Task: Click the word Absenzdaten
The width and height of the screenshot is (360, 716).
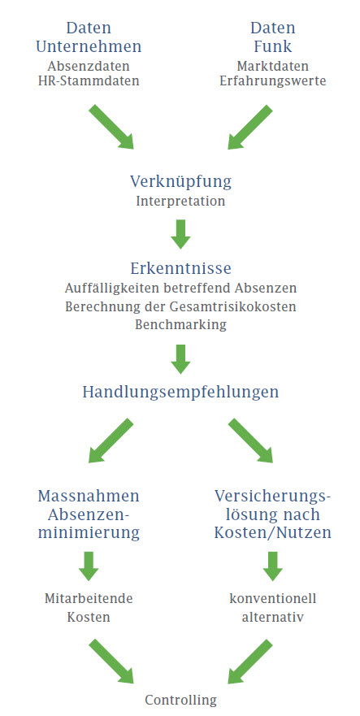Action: coord(89,66)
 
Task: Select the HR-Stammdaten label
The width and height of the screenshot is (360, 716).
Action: coord(89,81)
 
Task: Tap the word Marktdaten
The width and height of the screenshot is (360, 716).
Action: coord(273,66)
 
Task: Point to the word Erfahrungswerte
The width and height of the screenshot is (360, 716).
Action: coord(273,81)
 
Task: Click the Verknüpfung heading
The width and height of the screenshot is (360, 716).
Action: coord(181,182)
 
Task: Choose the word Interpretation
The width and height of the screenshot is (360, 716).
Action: coord(181,202)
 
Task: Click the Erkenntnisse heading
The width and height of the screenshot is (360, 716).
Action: coord(181,268)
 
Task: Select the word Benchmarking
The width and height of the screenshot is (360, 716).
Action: coord(181,324)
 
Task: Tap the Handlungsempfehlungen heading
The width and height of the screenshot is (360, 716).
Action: coord(181,393)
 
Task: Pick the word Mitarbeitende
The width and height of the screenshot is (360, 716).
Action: coord(89,598)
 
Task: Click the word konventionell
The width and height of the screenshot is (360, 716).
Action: coord(273,598)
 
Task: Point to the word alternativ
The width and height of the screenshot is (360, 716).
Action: coord(273,617)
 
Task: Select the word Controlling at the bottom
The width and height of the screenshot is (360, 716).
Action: coord(181,700)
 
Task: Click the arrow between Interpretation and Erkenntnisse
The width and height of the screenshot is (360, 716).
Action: coord(181,234)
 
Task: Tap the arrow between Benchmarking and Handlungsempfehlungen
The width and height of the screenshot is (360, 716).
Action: coord(181,359)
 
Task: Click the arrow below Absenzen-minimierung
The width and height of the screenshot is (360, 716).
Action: coord(89,566)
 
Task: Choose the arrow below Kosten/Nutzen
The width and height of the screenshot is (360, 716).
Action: coord(273,566)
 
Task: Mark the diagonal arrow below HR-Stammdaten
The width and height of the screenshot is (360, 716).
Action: coord(111,127)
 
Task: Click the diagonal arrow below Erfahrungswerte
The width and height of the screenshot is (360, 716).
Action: coord(250,127)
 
